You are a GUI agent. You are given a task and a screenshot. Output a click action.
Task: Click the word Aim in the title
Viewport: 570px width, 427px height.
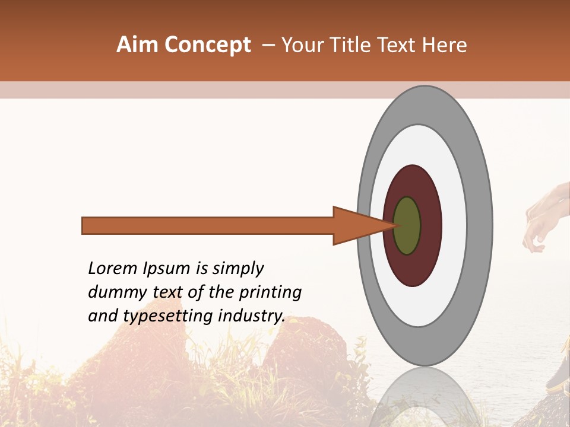[x=137, y=45]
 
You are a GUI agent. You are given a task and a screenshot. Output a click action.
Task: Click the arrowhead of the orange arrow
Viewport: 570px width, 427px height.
[x=356, y=226]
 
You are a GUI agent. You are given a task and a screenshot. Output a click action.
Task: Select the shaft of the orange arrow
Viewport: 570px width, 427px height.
[x=208, y=226]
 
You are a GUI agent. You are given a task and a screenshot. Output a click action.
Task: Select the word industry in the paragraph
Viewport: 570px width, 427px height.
[x=251, y=317]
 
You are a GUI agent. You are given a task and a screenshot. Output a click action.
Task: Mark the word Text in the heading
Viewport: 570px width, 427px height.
[x=400, y=45]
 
